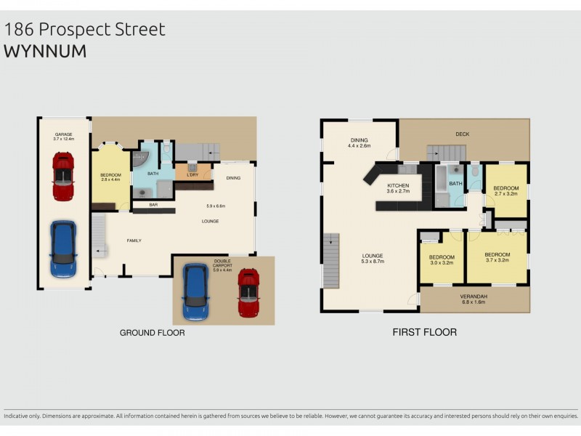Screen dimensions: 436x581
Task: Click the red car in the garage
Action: pos(63,176)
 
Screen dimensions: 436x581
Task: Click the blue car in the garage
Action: pos(63,249)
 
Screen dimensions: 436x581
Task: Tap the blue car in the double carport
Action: pos(195,291)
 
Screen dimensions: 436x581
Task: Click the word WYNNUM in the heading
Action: pos(45,52)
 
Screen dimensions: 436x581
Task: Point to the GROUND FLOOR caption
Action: pos(152,333)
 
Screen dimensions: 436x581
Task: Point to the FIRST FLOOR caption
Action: pos(425,333)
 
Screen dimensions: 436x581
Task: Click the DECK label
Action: pos(463,134)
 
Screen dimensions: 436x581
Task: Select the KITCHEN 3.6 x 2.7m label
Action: pos(398,188)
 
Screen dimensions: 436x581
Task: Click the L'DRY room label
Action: pos(193,175)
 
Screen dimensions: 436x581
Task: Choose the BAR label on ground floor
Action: pos(153,205)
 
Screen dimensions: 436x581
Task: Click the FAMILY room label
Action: pos(134,241)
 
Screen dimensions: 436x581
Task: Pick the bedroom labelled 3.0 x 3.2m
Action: pos(441,259)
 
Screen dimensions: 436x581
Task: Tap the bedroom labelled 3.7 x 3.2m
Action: pos(497,257)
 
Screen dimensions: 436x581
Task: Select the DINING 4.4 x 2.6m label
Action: pos(359,142)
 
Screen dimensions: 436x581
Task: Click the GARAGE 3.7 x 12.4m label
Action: pos(63,137)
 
